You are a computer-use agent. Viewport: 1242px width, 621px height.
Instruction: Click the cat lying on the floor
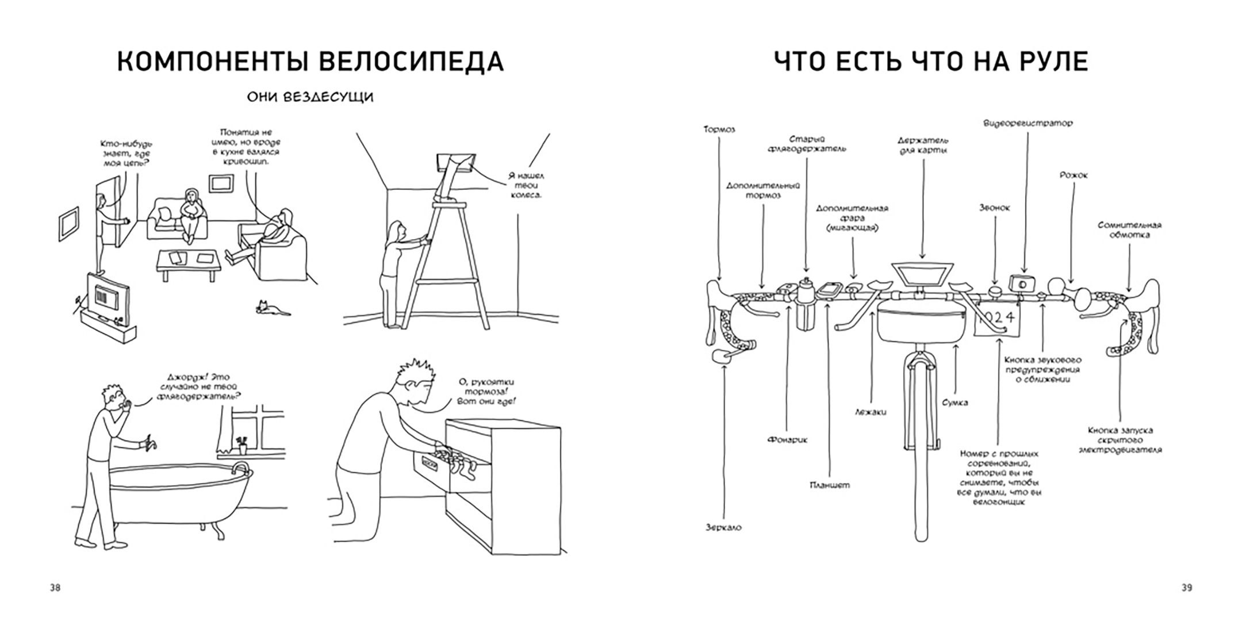[271, 309]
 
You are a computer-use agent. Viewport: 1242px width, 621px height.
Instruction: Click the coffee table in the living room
[189, 261]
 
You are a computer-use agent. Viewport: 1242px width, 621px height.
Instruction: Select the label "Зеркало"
[723, 527]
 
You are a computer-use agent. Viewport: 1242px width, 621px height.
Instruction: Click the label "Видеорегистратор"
[1028, 123]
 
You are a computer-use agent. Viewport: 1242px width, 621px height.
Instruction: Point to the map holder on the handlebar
[923, 275]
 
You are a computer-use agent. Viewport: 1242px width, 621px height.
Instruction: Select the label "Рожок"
[1074, 175]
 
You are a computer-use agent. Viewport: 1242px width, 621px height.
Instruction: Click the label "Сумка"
[955, 402]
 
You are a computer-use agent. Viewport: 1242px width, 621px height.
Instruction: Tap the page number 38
[55, 588]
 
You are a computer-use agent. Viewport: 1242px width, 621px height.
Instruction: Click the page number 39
[1187, 588]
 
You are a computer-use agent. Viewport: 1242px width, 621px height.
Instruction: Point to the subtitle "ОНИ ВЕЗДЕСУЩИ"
[310, 97]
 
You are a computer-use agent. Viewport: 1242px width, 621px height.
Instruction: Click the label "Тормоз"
[719, 129]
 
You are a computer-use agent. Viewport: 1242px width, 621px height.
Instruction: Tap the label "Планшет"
[829, 485]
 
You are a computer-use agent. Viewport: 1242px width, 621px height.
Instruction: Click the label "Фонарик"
[787, 440]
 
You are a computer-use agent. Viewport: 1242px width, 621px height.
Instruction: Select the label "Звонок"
[994, 208]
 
